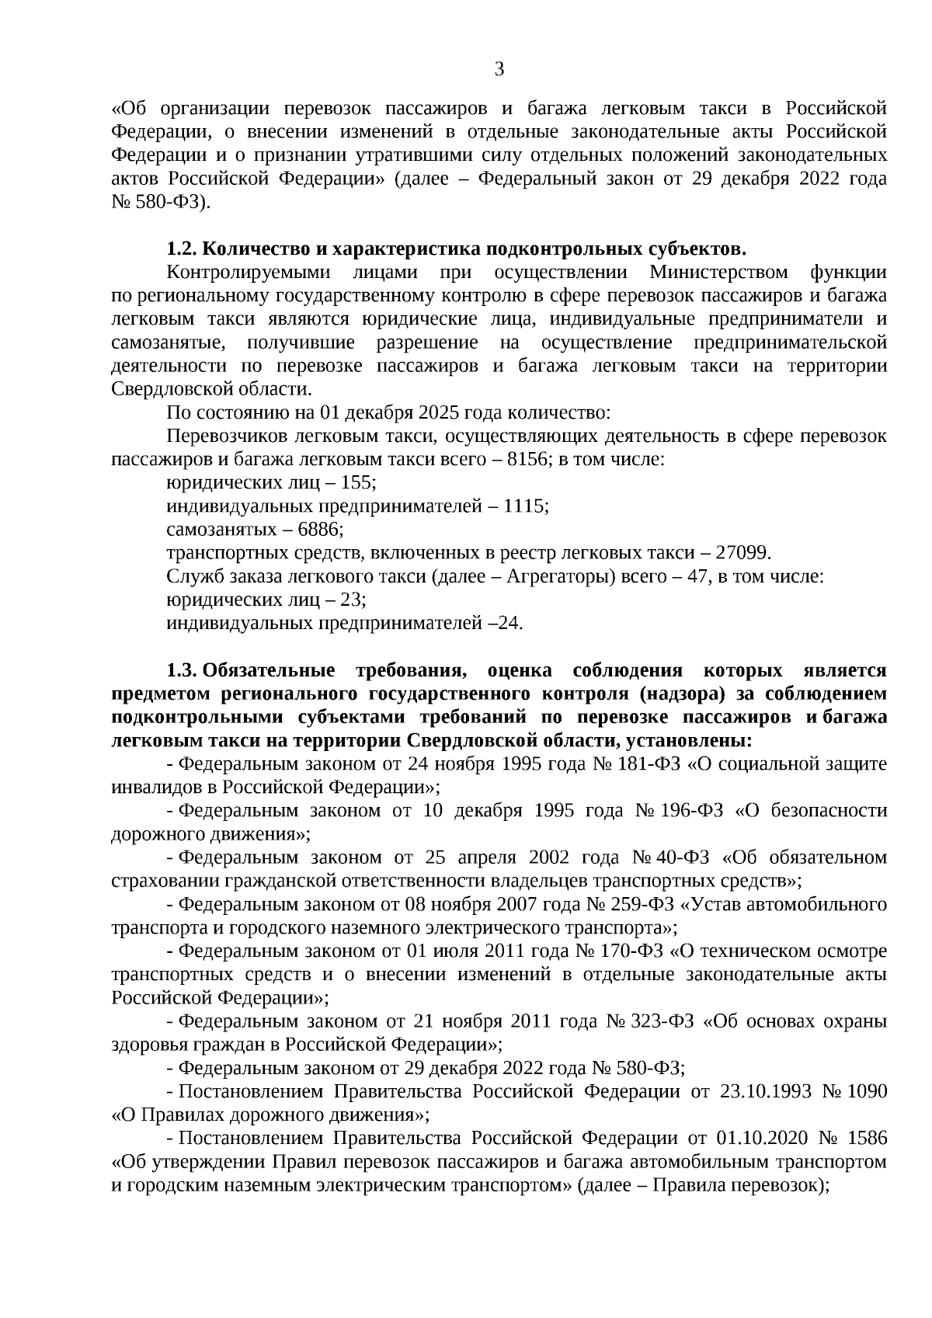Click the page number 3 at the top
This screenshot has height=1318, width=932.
(x=499, y=70)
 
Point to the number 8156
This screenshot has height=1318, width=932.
(x=527, y=460)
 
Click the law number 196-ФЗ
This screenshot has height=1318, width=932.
(x=691, y=811)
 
